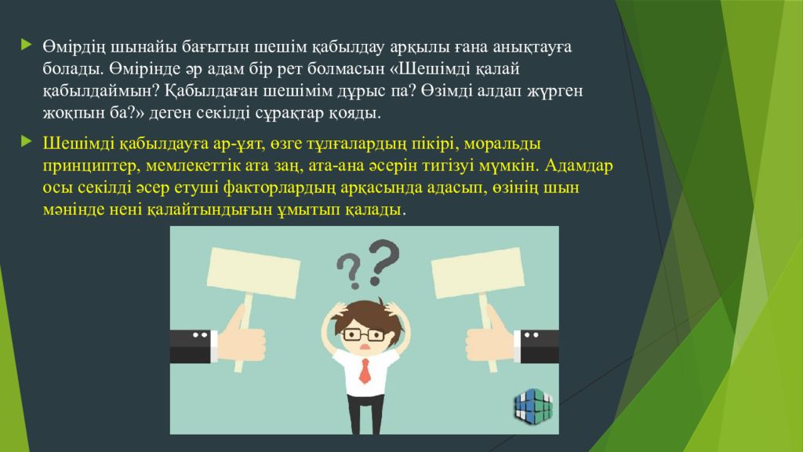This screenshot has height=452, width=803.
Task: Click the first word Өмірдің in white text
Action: tap(74, 47)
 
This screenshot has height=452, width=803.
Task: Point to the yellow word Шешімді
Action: tap(78, 144)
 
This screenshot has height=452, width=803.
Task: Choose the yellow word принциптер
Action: tap(92, 166)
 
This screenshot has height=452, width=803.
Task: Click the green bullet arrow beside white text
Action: tap(27, 45)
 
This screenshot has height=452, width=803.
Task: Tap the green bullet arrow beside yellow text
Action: tap(27, 142)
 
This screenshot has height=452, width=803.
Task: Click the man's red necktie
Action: tap(365, 370)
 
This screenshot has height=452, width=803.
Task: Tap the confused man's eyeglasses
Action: tap(364, 335)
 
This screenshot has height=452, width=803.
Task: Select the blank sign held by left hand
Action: tap(253, 272)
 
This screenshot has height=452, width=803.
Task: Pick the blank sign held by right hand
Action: tap(478, 272)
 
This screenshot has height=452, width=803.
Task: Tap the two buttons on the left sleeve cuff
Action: tap(200, 335)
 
